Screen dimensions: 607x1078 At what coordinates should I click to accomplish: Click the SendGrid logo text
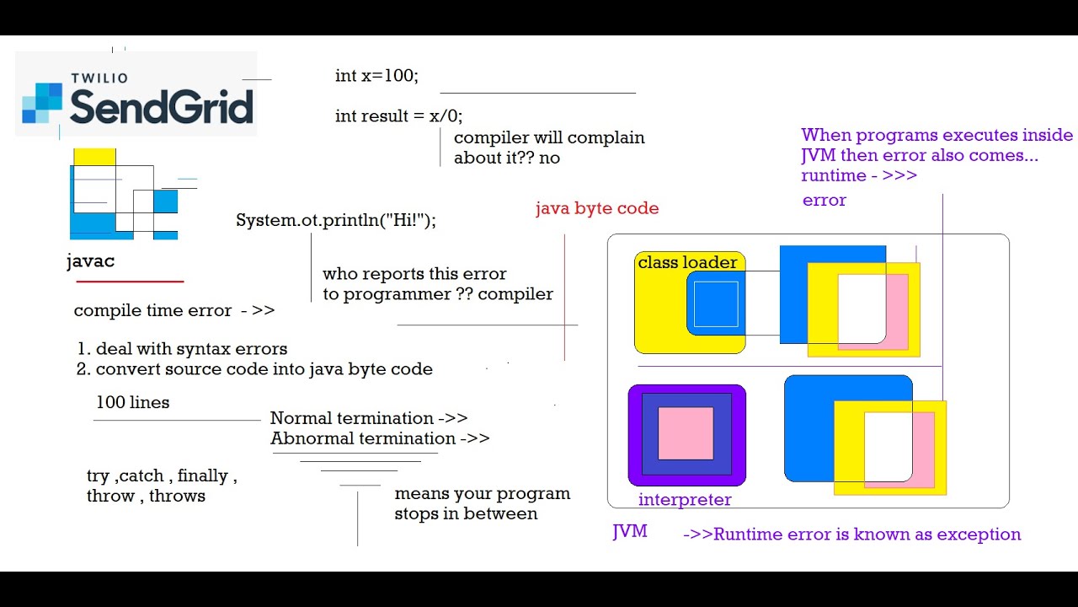(x=161, y=107)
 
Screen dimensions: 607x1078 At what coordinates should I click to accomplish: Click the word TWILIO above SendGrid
(x=99, y=78)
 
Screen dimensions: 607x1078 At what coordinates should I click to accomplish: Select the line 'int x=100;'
(x=376, y=76)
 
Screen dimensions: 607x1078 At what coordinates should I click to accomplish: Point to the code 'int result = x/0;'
(x=398, y=116)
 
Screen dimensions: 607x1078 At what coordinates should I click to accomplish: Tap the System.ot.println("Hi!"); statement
(x=336, y=221)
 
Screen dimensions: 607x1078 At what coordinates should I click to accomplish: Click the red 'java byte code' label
(x=597, y=208)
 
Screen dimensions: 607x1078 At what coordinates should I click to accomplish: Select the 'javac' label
(x=90, y=261)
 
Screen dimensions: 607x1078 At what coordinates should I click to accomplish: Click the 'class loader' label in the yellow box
(x=687, y=263)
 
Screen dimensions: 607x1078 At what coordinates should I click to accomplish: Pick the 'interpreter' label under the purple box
(x=685, y=500)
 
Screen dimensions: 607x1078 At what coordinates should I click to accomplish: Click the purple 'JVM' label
(x=629, y=532)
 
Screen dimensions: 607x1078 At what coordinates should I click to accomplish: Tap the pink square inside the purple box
(x=686, y=433)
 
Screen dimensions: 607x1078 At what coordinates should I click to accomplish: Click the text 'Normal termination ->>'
(x=368, y=418)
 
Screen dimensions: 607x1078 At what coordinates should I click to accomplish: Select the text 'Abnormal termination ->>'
(x=379, y=438)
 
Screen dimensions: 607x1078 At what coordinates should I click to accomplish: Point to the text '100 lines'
(x=132, y=402)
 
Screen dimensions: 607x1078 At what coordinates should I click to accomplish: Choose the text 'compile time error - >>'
(x=174, y=310)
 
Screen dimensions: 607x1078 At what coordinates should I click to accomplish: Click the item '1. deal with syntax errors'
(x=182, y=349)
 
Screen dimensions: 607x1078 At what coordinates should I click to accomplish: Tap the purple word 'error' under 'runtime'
(x=824, y=201)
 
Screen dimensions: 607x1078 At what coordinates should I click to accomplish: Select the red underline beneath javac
(x=130, y=281)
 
